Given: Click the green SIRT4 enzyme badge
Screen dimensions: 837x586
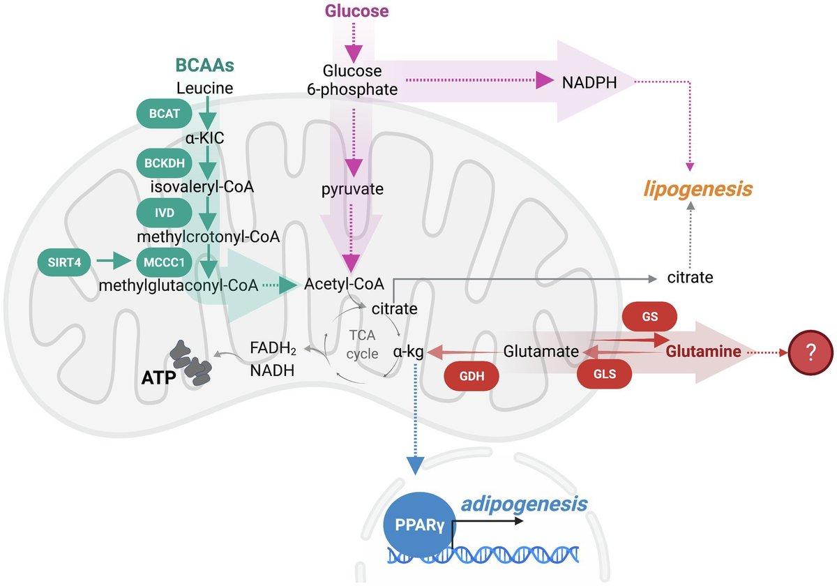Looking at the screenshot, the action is click(x=64, y=262).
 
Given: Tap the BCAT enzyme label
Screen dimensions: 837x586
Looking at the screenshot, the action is click(x=165, y=113).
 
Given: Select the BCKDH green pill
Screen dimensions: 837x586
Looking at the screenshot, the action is click(x=165, y=163).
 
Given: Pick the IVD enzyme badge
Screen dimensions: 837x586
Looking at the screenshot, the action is click(x=165, y=213).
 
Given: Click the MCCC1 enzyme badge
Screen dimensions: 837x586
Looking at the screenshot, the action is click(x=165, y=262).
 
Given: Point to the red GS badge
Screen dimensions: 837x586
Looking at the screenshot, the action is click(x=649, y=316).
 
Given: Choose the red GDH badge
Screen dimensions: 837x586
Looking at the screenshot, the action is click(x=472, y=376).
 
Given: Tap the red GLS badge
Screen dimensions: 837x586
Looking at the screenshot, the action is click(x=605, y=374).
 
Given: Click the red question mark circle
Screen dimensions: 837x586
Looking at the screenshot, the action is click(x=810, y=352).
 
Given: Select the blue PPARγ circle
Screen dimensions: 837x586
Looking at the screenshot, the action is click(x=420, y=525).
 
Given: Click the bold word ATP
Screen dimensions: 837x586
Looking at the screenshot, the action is click(x=158, y=378).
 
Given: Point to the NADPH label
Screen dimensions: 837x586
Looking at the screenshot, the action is click(x=589, y=82).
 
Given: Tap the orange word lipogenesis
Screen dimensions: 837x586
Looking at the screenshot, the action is click(x=697, y=190).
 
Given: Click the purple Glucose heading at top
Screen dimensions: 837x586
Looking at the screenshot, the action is click(x=357, y=11).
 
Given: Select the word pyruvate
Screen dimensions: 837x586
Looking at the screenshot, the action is click(x=352, y=189).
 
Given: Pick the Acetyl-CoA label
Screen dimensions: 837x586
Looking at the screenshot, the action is click(x=344, y=284).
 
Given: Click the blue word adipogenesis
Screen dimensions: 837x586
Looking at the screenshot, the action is click(x=524, y=504).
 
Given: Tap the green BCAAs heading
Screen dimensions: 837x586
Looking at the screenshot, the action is click(x=205, y=65).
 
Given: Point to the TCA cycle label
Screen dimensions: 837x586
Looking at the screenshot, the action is click(x=362, y=344).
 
